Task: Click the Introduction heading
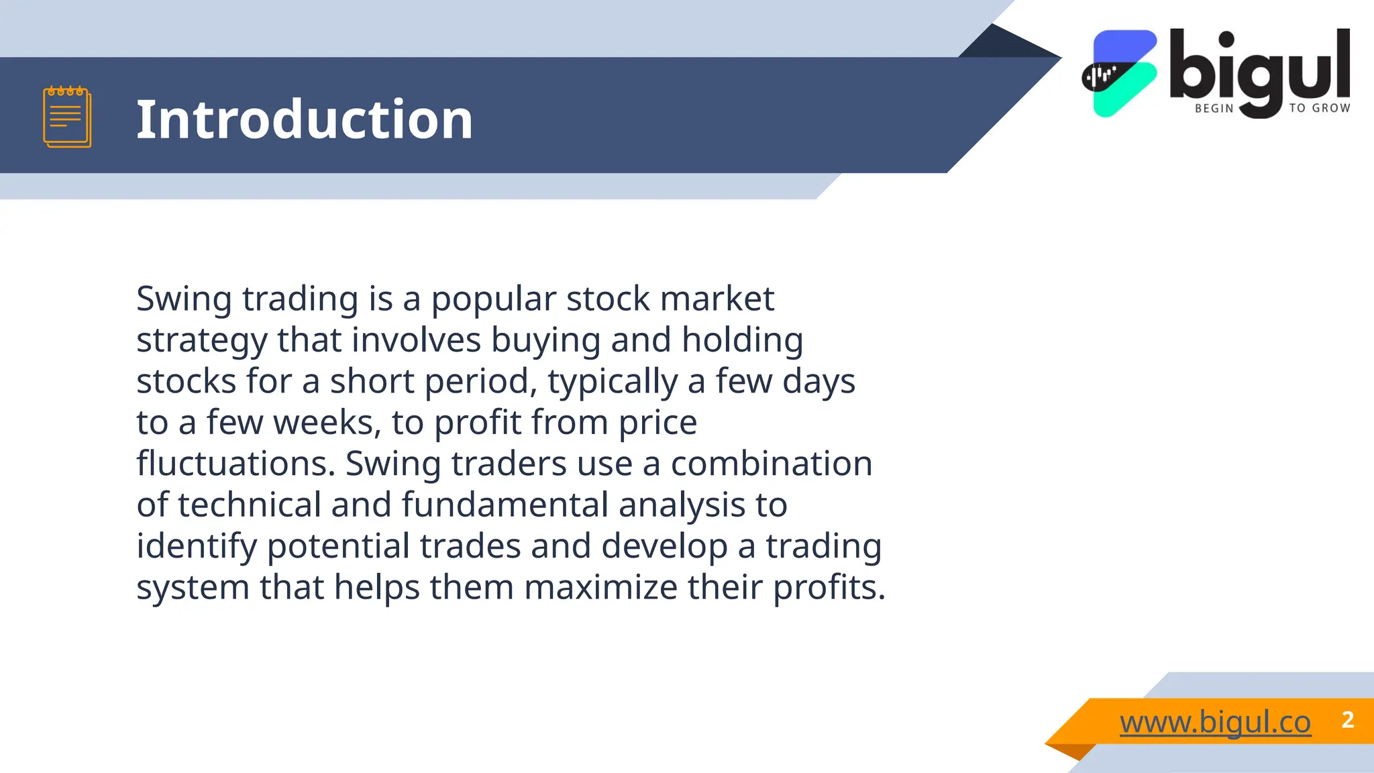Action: click(x=305, y=119)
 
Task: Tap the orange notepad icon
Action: click(x=67, y=117)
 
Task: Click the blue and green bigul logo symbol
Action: click(x=1120, y=73)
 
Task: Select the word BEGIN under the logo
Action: click(x=1214, y=108)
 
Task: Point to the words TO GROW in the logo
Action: click(x=1319, y=108)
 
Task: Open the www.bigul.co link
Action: click(x=1215, y=722)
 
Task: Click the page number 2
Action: click(x=1347, y=720)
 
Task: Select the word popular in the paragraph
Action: click(x=494, y=299)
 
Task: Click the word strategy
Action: click(x=202, y=341)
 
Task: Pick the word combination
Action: click(x=772, y=464)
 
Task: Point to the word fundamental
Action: click(x=505, y=505)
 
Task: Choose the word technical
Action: click(x=250, y=505)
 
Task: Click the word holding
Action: click(x=742, y=340)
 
